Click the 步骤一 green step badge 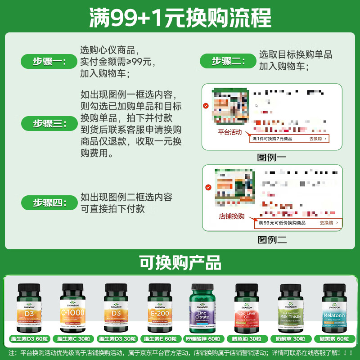49,62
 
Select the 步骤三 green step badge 49,123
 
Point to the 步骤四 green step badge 49,202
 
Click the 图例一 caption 272,157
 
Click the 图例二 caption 272,239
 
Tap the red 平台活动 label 229,132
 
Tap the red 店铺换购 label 231,216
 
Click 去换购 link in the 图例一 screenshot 318,139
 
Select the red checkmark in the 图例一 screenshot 206,106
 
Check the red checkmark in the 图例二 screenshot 208,187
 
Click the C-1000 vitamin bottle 72,308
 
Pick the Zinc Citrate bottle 203,308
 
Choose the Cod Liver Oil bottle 247,308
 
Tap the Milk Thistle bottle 291,308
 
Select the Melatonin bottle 334,308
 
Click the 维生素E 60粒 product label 160,339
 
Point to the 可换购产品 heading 180,262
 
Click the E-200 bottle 160,308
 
